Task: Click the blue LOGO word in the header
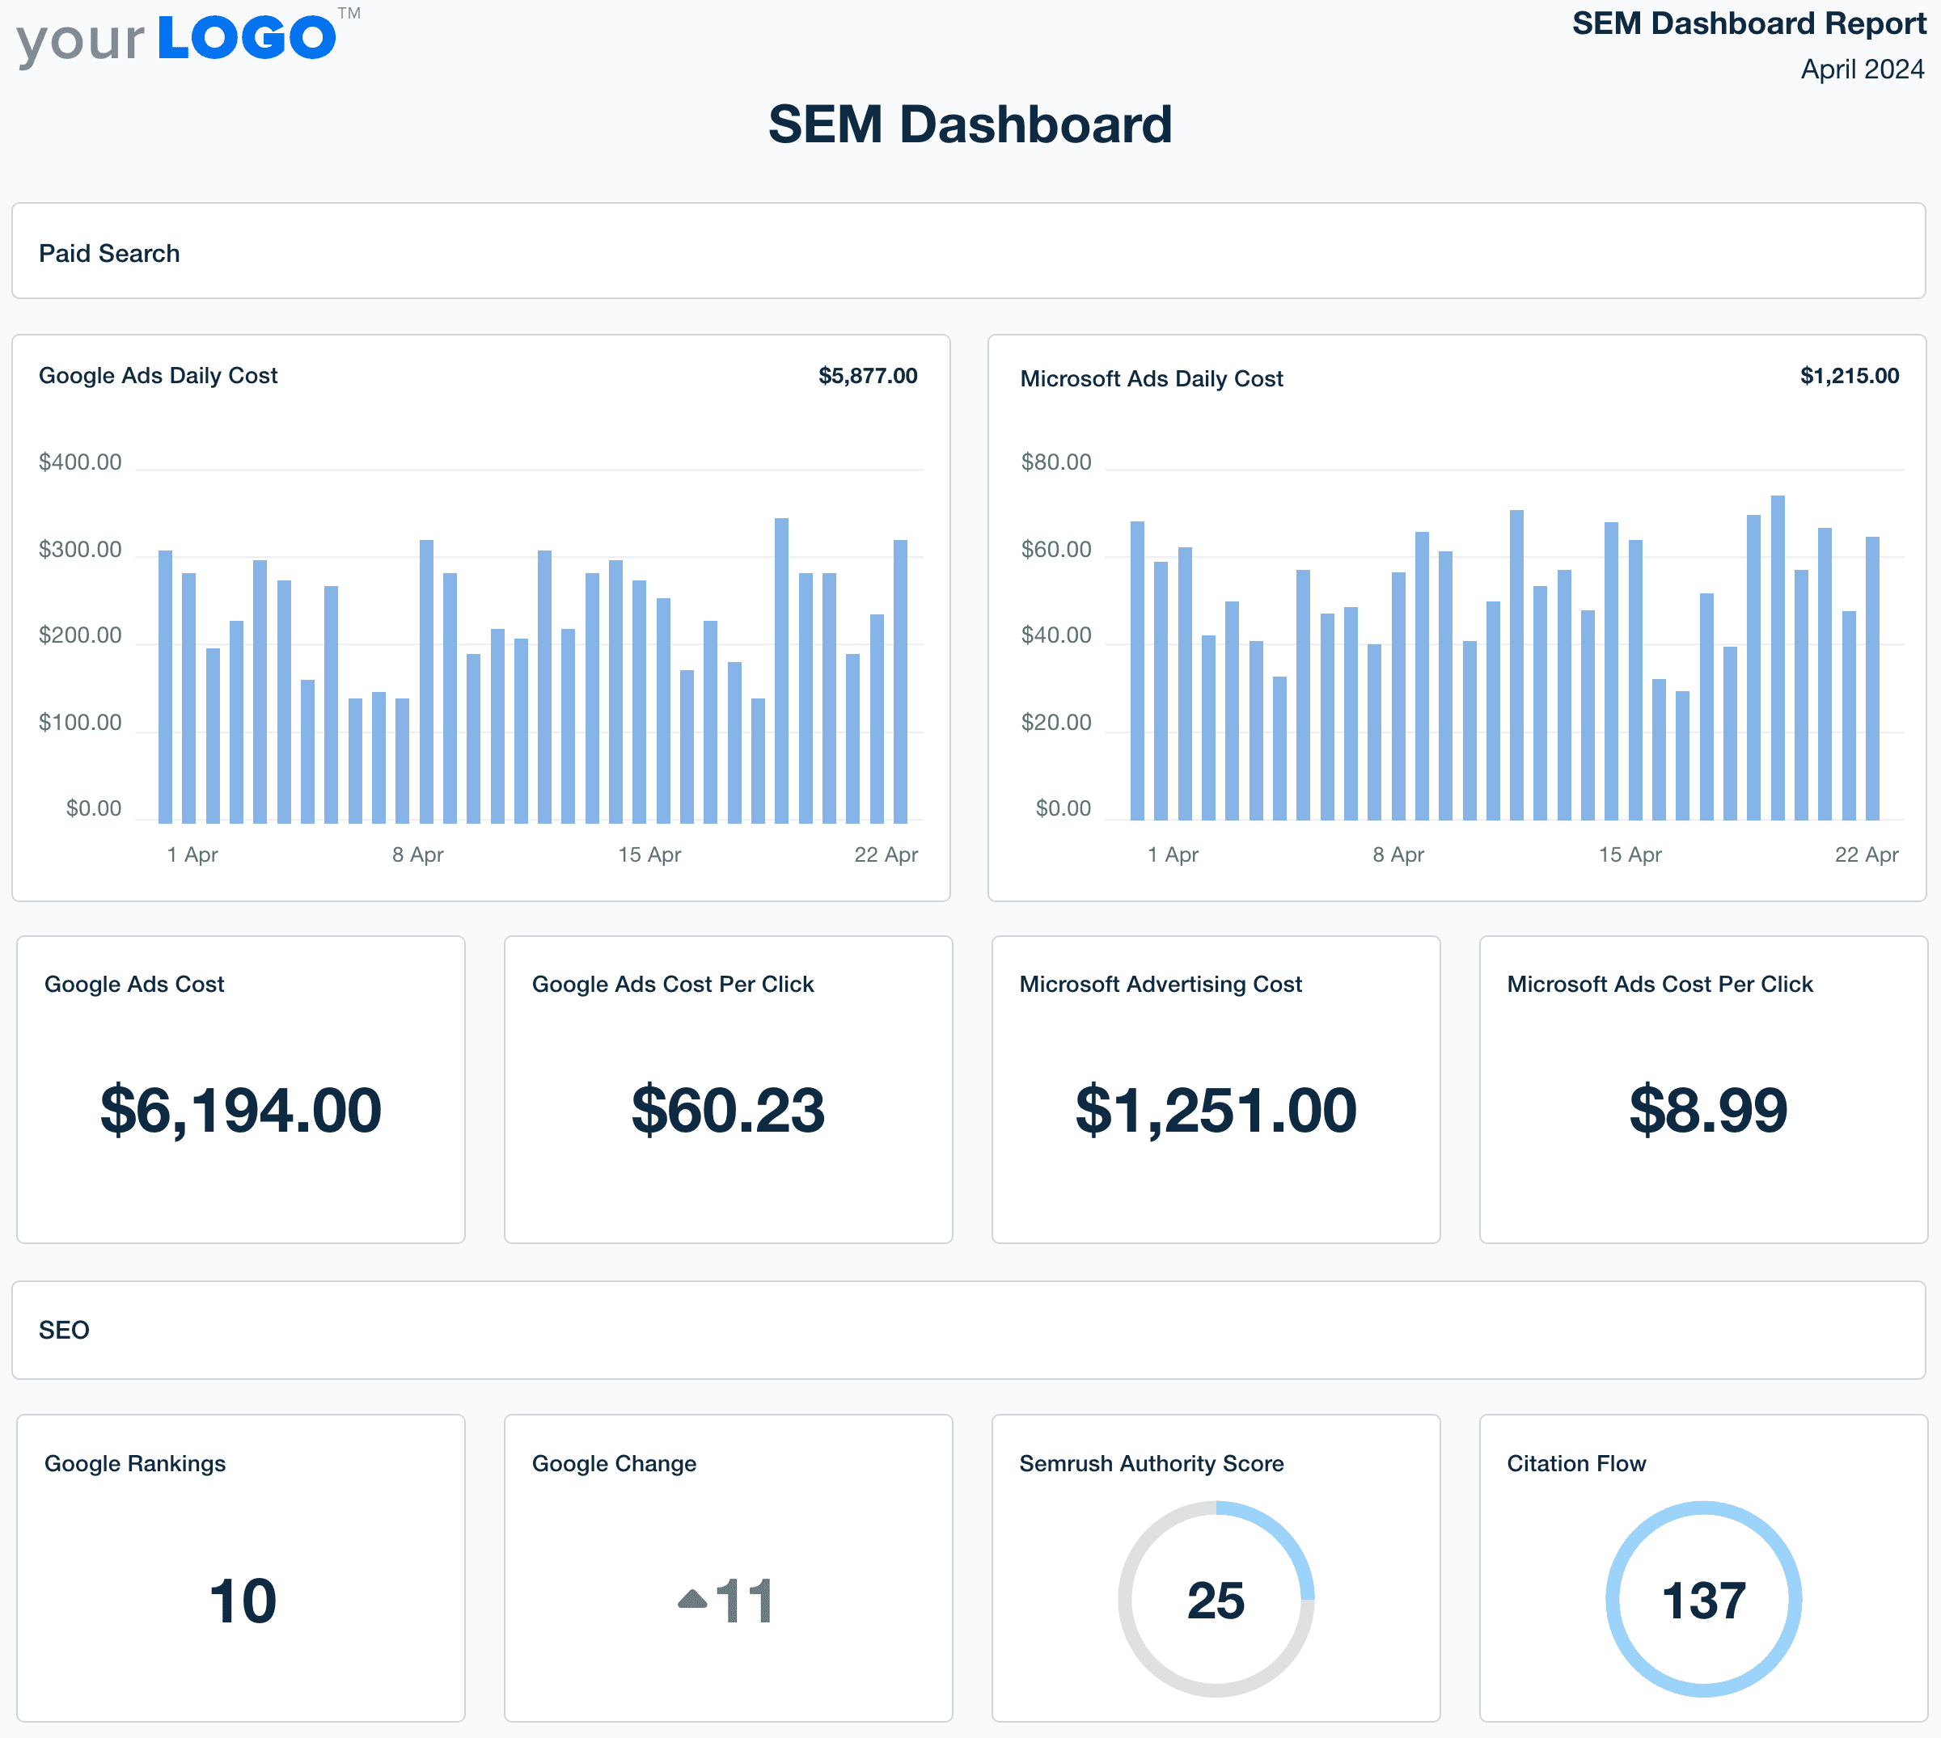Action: pyautogui.click(x=247, y=38)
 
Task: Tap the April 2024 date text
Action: pyautogui.click(x=1862, y=70)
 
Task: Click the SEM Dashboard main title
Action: pyautogui.click(x=970, y=125)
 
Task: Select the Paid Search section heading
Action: pyautogui.click(x=109, y=253)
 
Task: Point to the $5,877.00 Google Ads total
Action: pyautogui.click(x=867, y=375)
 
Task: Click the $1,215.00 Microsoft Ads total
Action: pyautogui.click(x=1850, y=375)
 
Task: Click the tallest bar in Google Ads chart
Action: pyautogui.click(x=781, y=669)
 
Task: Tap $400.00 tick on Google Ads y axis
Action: pyautogui.click(x=80, y=462)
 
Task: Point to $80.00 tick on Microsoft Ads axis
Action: pyautogui.click(x=1055, y=462)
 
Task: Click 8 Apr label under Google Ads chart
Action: pyautogui.click(x=417, y=854)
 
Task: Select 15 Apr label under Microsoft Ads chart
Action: pyautogui.click(x=1630, y=854)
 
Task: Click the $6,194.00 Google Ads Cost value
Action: pyautogui.click(x=241, y=1111)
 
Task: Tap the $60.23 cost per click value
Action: pyautogui.click(x=728, y=1111)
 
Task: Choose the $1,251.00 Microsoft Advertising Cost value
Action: pyautogui.click(x=1215, y=1111)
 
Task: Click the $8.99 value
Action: pyautogui.click(x=1707, y=1111)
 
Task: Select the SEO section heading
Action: pyautogui.click(x=64, y=1331)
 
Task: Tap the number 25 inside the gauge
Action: pyautogui.click(x=1215, y=1601)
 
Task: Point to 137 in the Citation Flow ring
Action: pyautogui.click(x=1703, y=1601)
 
